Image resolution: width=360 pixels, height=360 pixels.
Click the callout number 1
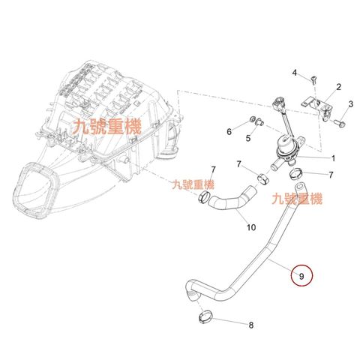(x=333, y=158)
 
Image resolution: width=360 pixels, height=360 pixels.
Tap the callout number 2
(x=338, y=87)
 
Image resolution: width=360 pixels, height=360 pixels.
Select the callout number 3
(x=351, y=104)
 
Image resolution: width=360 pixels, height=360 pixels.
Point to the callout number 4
(x=295, y=73)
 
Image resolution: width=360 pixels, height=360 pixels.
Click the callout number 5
(x=248, y=138)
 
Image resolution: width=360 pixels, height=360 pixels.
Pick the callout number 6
(x=229, y=131)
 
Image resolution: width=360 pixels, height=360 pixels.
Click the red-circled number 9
(x=301, y=276)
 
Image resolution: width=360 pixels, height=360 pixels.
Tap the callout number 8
(x=251, y=325)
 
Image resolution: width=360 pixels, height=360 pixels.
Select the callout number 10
(x=251, y=227)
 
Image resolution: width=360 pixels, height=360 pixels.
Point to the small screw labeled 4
(x=313, y=80)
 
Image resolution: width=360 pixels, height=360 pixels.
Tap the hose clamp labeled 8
(x=205, y=317)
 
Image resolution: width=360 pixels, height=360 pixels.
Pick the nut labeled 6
(x=253, y=119)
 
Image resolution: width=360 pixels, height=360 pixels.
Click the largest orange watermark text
(x=106, y=127)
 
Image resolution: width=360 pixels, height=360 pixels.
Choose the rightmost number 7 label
(x=331, y=175)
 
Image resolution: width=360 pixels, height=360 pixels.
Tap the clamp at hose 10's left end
(x=204, y=197)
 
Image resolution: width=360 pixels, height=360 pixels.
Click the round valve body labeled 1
(x=287, y=150)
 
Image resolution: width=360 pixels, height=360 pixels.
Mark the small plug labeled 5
(x=260, y=122)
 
